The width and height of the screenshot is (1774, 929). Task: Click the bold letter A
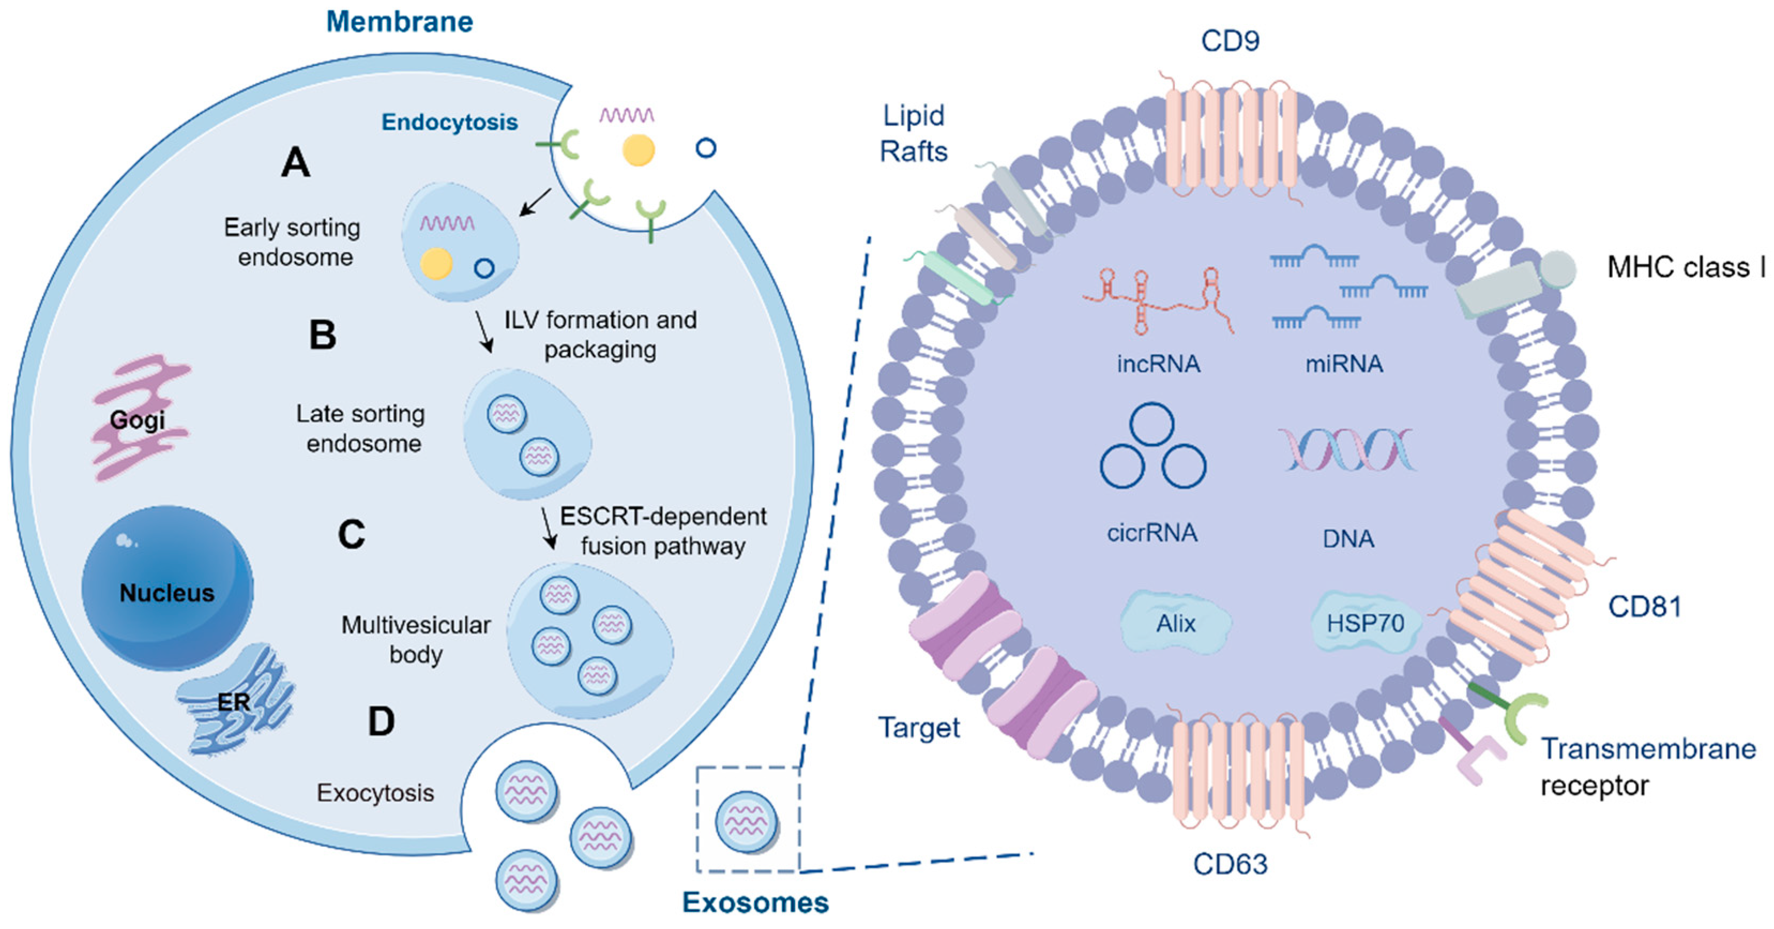pyautogui.click(x=295, y=163)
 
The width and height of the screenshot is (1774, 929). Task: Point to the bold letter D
pyautogui.click(x=381, y=722)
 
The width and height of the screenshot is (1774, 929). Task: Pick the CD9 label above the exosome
pyautogui.click(x=1230, y=41)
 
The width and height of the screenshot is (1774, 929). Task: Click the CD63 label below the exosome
pyautogui.click(x=1230, y=864)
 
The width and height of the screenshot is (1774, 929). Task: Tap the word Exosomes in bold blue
pyautogui.click(x=755, y=902)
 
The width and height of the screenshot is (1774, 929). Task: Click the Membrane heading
pyautogui.click(x=399, y=22)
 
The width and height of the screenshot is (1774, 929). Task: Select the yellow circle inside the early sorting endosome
pyautogui.click(x=436, y=263)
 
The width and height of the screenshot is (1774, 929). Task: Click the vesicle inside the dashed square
pyautogui.click(x=747, y=821)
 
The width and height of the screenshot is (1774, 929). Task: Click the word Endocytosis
pyautogui.click(x=450, y=122)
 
